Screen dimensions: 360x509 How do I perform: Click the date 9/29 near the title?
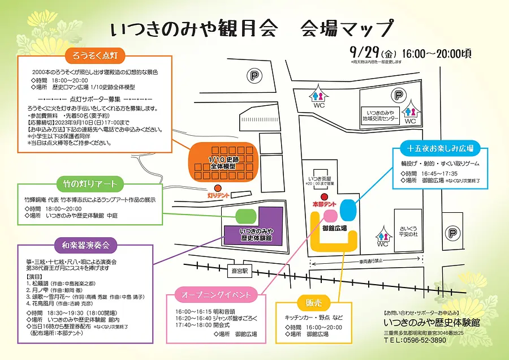(364, 52)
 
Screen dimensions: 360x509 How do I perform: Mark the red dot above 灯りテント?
(215, 189)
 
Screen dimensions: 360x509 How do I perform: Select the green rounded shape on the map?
(246, 216)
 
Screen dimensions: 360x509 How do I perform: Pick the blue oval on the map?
(348, 210)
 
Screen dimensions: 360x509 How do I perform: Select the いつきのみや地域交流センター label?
(381, 117)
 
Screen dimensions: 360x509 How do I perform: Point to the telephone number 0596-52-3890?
(419, 340)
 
